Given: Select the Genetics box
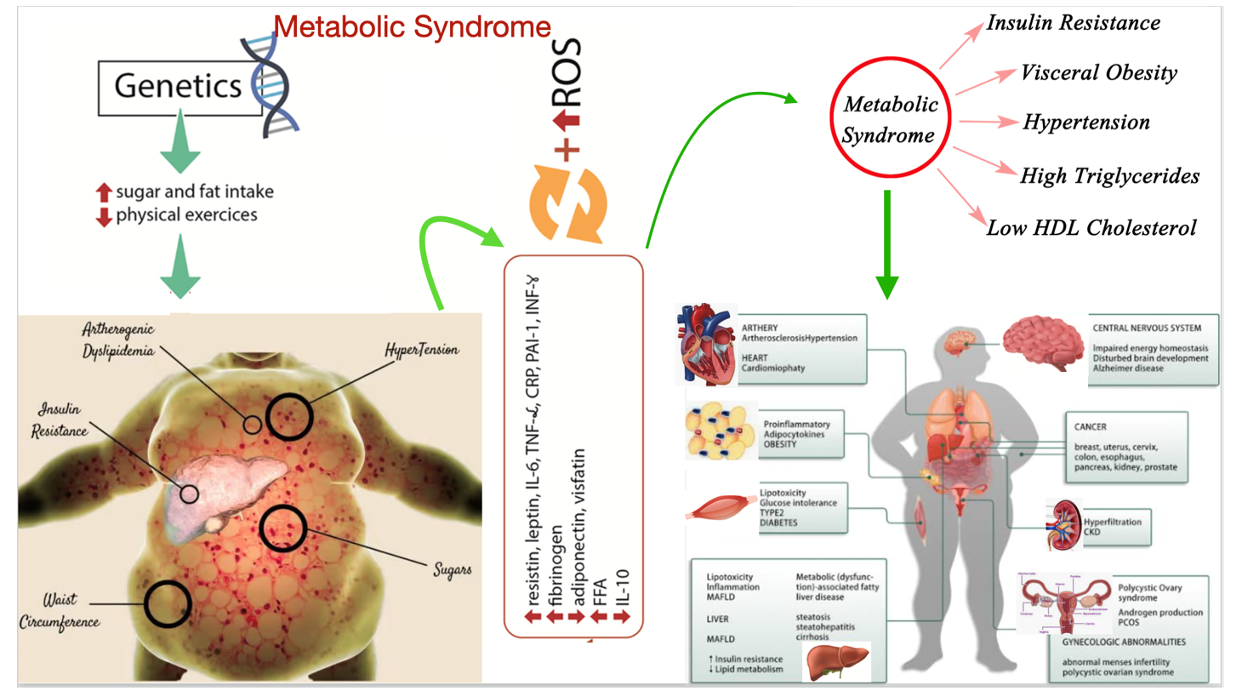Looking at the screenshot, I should [x=177, y=86].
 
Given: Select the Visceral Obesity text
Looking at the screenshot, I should [x=1100, y=73].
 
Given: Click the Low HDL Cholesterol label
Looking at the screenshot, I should [x=1091, y=228].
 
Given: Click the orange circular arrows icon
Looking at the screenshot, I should [x=570, y=203].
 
